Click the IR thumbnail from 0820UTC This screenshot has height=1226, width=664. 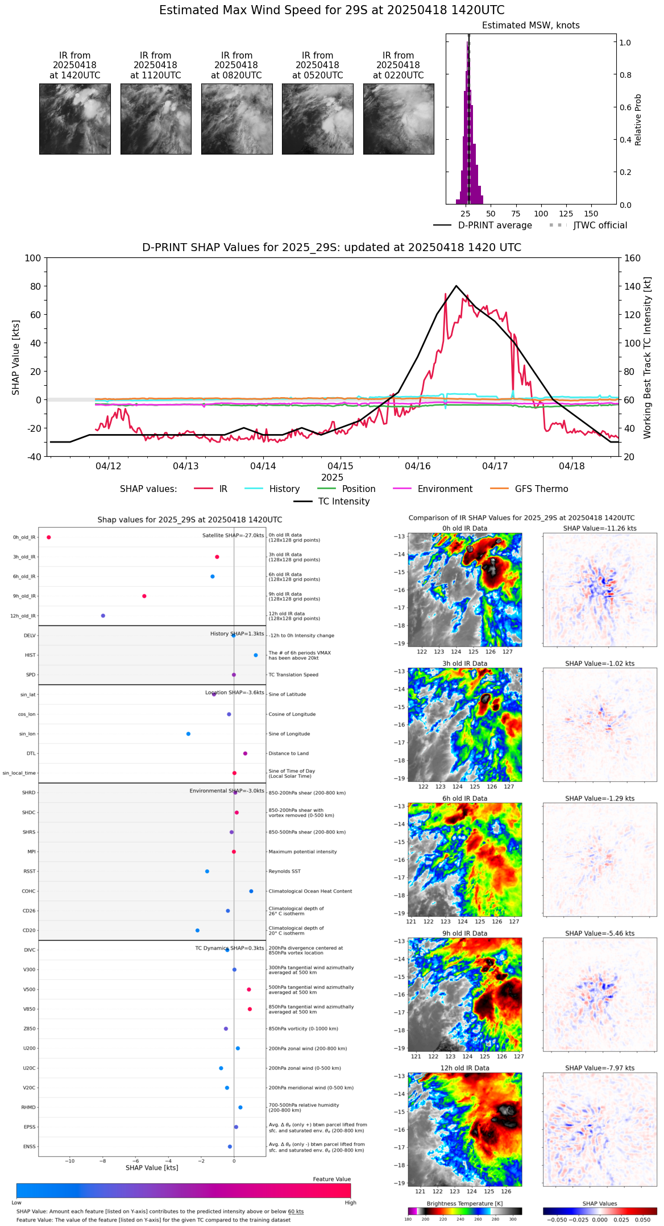click(236, 119)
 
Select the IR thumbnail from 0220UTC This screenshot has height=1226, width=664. click(399, 119)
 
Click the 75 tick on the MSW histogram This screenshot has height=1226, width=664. click(516, 214)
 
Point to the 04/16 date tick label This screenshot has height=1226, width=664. click(418, 466)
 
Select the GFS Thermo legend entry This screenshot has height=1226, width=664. click(541, 489)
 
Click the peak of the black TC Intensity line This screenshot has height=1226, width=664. click(456, 286)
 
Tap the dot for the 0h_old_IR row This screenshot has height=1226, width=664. click(49, 537)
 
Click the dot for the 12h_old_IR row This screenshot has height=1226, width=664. click(103, 616)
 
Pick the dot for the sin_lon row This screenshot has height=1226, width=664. click(188, 734)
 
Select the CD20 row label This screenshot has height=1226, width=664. click(29, 931)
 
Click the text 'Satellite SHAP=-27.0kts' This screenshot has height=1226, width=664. click(233, 536)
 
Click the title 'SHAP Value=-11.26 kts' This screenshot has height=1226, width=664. click(600, 528)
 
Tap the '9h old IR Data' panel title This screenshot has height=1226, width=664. click(464, 933)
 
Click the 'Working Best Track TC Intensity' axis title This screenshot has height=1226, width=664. click(648, 358)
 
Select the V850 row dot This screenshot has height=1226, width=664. click(250, 1009)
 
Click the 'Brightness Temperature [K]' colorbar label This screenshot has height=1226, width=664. click(464, 1203)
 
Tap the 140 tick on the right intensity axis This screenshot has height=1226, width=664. click(632, 286)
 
